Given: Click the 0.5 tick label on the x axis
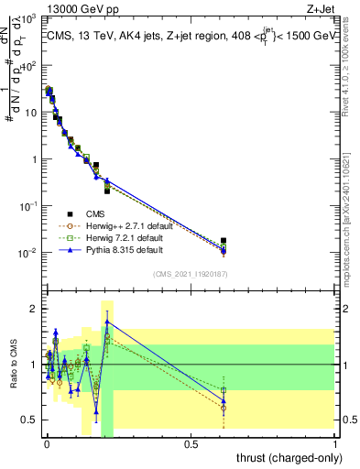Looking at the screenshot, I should [x=191, y=444].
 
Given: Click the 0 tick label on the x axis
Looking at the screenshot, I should [x=46, y=444].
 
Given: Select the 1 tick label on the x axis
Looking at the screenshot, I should [x=335, y=444].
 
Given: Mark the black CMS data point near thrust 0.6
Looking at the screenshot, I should [x=224, y=241].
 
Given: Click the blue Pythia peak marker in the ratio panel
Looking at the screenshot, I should [x=107, y=322].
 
